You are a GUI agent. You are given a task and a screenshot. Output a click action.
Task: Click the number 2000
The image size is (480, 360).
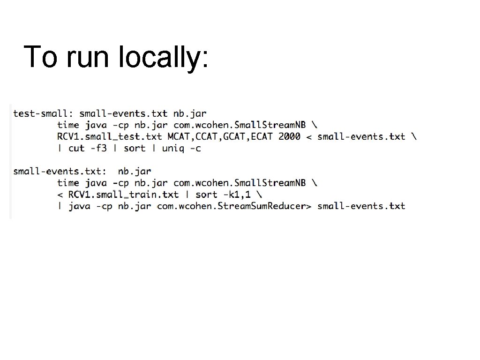point(289,137)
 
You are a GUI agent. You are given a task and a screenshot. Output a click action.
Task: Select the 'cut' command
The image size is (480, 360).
point(76,149)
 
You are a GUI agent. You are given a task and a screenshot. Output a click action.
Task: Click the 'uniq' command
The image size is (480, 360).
point(173,149)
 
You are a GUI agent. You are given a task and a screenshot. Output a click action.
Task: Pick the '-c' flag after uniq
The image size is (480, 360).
point(195,149)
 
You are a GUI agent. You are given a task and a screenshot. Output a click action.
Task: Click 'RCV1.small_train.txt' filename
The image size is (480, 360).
point(123,195)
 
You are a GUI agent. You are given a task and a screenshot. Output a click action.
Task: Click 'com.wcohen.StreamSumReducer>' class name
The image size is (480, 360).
point(234,206)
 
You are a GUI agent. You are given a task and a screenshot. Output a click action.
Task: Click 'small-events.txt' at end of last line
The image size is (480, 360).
point(361,206)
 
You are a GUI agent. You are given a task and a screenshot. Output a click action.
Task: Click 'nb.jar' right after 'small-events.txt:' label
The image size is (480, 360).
point(135,172)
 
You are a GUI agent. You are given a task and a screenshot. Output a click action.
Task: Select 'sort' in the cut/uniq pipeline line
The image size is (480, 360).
point(135,149)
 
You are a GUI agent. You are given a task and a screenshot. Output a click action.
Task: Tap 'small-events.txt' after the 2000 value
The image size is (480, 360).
point(361,137)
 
